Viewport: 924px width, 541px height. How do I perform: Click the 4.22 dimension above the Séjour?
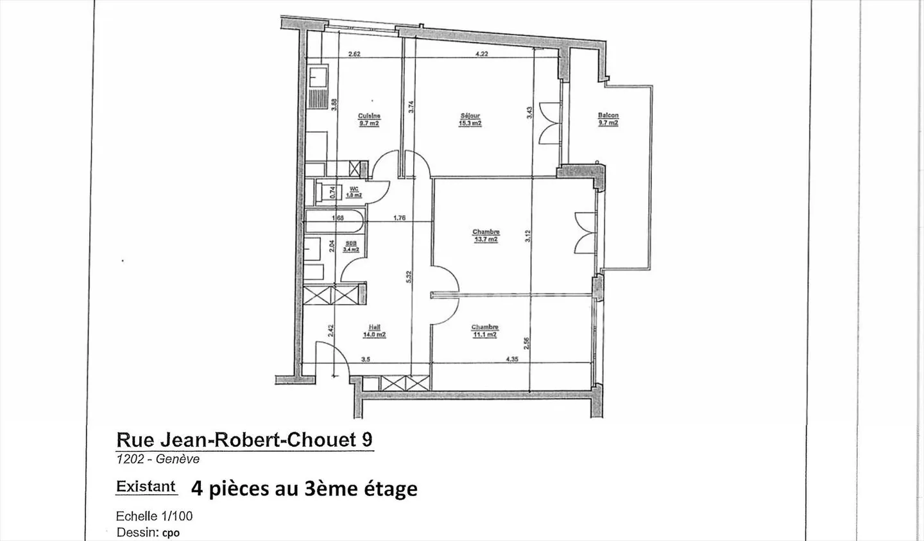(481, 55)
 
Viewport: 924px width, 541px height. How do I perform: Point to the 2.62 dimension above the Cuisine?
(354, 55)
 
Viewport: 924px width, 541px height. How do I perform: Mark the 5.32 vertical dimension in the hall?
(409, 276)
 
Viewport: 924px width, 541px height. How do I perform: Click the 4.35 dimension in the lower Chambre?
(512, 359)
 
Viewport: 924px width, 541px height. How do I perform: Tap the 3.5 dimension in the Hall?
(365, 359)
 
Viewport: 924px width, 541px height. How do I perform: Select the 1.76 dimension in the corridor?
(399, 218)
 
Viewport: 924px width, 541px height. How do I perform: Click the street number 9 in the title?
(367, 440)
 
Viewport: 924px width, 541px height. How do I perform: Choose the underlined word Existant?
(146, 486)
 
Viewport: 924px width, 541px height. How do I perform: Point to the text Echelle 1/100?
(154, 516)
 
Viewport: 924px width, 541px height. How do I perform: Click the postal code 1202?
(130, 459)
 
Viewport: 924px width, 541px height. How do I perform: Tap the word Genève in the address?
(178, 459)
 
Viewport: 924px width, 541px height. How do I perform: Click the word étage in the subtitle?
(391, 489)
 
